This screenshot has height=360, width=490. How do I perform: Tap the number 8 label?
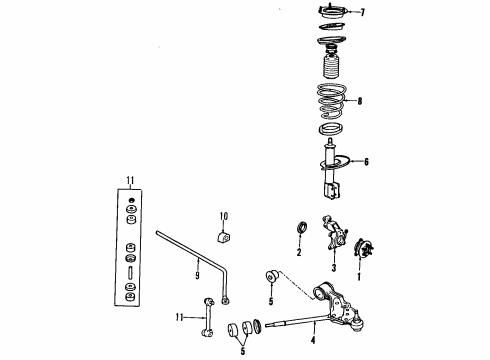[361, 100]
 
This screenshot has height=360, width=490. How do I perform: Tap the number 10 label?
[224, 216]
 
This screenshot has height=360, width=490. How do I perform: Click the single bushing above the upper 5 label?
[271, 276]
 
